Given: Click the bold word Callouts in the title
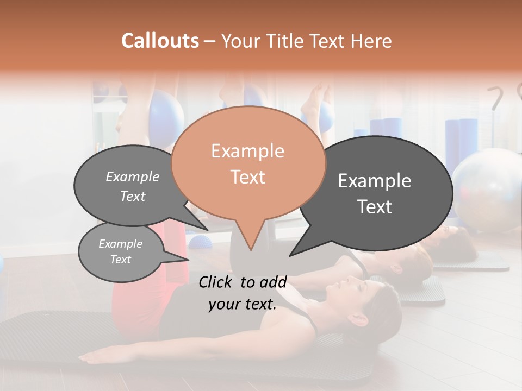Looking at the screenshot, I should (160, 41).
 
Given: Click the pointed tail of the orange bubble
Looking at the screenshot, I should (249, 239).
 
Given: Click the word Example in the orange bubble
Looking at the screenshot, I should (247, 151).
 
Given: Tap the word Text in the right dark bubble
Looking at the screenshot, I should (374, 207).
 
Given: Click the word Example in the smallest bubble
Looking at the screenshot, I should (120, 244).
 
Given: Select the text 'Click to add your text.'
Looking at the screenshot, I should (243, 293).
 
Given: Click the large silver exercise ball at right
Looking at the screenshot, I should (487, 187).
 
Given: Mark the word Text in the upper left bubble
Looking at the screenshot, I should (132, 196).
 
